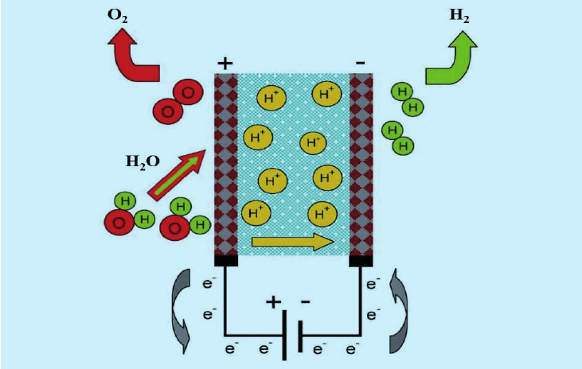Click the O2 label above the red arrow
pyautogui.click(x=117, y=16)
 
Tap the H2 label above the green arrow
pyautogui.click(x=459, y=16)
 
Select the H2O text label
pyautogui.click(x=143, y=162)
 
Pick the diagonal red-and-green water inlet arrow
pyautogui.click(x=177, y=175)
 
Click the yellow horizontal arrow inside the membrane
pyautogui.click(x=293, y=242)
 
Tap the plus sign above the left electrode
pyautogui.click(x=225, y=64)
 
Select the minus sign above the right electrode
pyautogui.click(x=360, y=63)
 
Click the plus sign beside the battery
pyautogui.click(x=274, y=302)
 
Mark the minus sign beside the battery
pyautogui.click(x=305, y=302)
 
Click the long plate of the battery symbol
pyautogui.click(x=284, y=336)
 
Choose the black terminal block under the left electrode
pyautogui.click(x=226, y=261)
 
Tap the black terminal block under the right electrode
pyautogui.click(x=361, y=261)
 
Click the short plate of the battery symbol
pyautogui.click(x=300, y=336)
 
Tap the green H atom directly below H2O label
pyautogui.click(x=126, y=202)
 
